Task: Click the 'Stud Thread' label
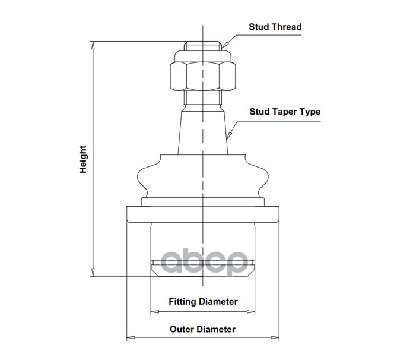(275, 27)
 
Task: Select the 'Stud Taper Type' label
(284, 112)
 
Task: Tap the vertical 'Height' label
(84, 159)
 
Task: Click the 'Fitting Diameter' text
(203, 302)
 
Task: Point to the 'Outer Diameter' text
(203, 329)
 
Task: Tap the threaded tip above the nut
(203, 46)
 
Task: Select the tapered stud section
(203, 131)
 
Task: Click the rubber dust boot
(203, 175)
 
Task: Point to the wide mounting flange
(203, 213)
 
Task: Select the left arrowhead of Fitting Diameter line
(154, 311)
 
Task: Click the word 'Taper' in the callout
(284, 112)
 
